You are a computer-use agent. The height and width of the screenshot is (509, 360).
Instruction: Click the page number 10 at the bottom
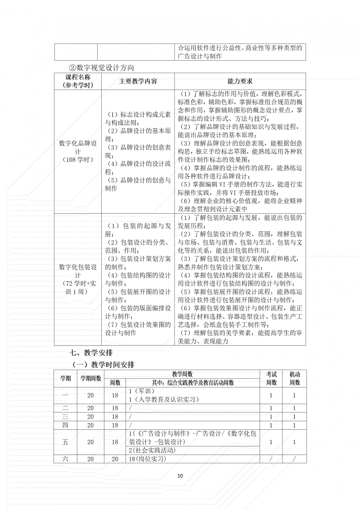click(x=180, y=476)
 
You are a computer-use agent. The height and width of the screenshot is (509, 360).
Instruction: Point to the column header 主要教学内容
click(x=138, y=81)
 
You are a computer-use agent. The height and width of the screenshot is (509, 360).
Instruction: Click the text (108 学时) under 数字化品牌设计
click(x=78, y=160)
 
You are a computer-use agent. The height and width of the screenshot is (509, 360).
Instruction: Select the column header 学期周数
click(x=91, y=378)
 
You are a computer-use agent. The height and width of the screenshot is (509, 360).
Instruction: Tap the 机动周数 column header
click(x=295, y=378)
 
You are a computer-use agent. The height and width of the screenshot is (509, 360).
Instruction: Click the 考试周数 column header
click(x=271, y=378)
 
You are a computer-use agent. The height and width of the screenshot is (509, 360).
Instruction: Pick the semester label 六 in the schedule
click(x=65, y=459)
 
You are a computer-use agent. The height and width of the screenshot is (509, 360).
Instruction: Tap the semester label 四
click(x=65, y=425)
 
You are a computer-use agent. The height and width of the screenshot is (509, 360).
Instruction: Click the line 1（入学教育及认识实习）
click(x=164, y=399)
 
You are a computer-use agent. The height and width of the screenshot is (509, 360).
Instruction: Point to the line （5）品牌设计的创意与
click(x=138, y=180)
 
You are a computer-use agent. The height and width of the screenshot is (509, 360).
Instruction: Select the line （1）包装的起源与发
click(x=138, y=225)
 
